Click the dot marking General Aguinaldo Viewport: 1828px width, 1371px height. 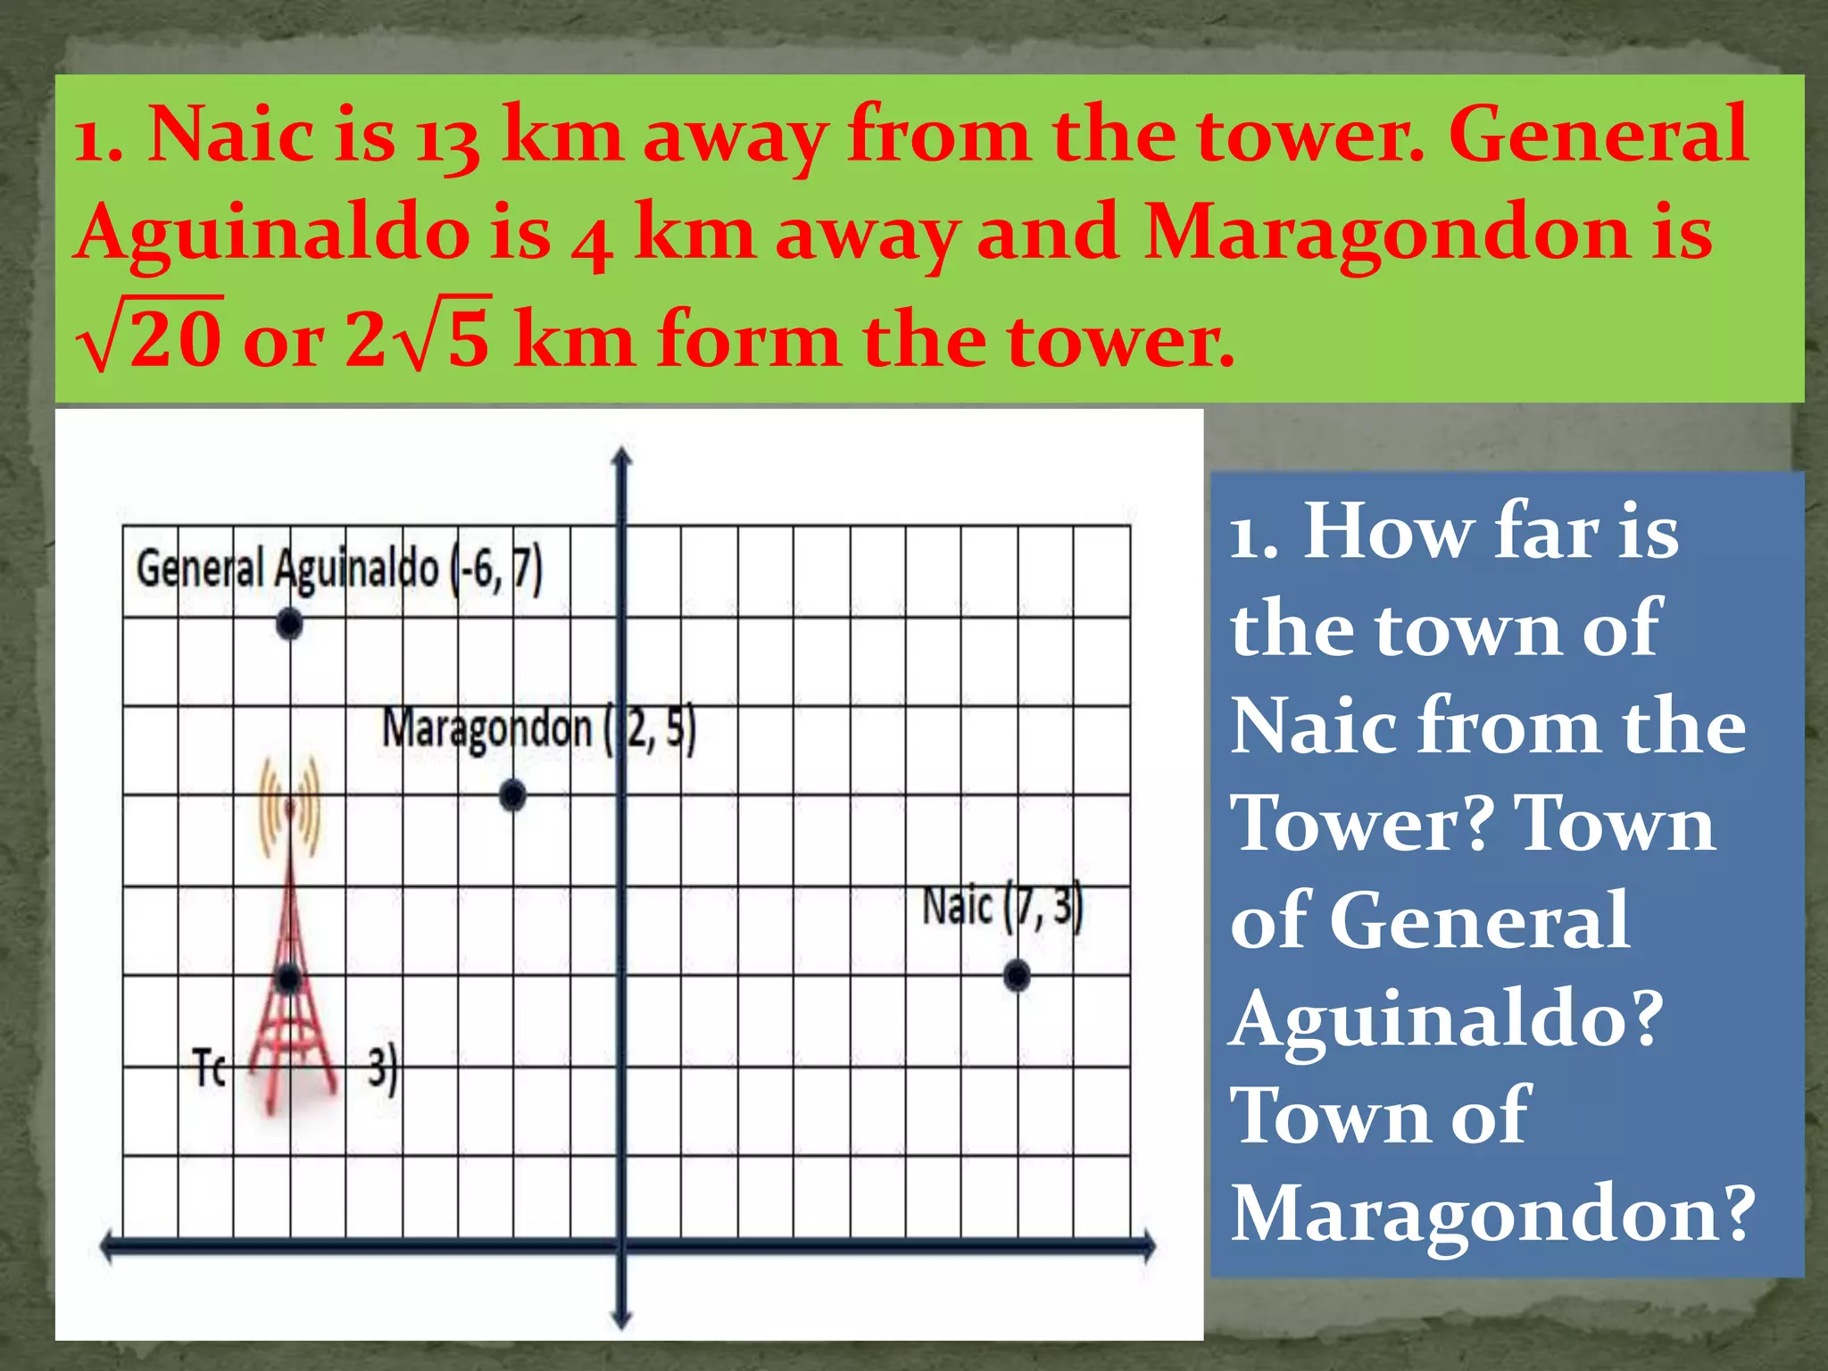288,624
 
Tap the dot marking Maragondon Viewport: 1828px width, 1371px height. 512,794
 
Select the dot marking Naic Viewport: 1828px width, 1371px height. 1017,976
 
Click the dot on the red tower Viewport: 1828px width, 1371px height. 287,979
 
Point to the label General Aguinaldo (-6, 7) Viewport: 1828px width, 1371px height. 339,569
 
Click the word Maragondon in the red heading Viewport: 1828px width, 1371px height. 1383,232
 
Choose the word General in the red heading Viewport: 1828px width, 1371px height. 1598,134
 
